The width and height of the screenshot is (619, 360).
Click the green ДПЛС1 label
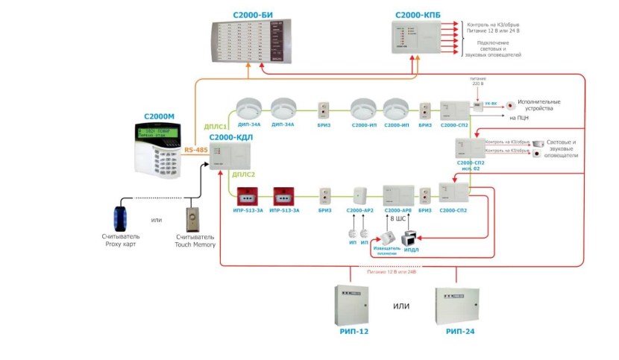(216, 127)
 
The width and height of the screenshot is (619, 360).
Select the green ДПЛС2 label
(244, 174)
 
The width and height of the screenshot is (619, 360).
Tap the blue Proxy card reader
(120, 215)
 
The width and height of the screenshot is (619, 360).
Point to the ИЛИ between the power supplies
(403, 306)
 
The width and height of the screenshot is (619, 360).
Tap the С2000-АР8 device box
(398, 195)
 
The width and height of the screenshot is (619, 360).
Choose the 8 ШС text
(396, 221)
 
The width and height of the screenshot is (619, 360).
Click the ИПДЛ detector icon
(412, 239)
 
